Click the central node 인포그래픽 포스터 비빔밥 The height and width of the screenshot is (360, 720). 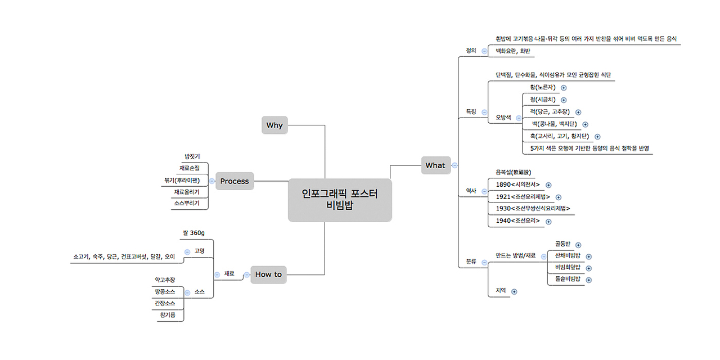click(340, 200)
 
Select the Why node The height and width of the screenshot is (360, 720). click(274, 125)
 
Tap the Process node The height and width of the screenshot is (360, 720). click(235, 181)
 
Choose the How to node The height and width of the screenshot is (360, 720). click(268, 274)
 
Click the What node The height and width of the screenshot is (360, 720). click(435, 165)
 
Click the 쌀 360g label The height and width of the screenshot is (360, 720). click(193, 233)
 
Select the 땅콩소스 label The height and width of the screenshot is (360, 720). click(165, 291)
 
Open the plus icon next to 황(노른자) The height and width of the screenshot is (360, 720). click(564, 88)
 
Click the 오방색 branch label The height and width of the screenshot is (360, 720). click(503, 118)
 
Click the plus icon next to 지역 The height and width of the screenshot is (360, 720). click(514, 291)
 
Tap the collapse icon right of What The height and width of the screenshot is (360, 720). click(454, 165)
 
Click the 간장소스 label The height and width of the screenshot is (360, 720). click(165, 303)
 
